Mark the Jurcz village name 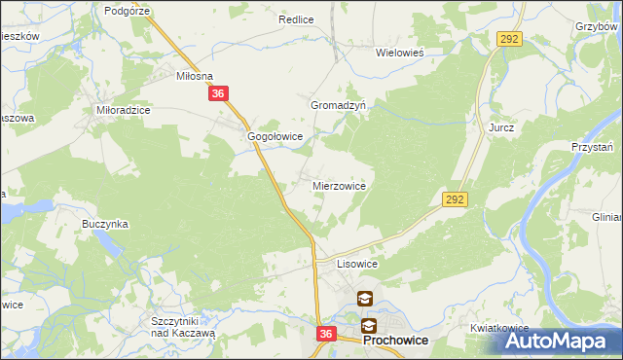coord(501,127)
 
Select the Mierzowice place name coord(339,185)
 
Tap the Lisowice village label coord(356,264)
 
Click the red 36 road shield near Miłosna coord(218,94)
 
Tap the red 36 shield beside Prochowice coord(326,334)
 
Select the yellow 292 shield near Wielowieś coord(509,39)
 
